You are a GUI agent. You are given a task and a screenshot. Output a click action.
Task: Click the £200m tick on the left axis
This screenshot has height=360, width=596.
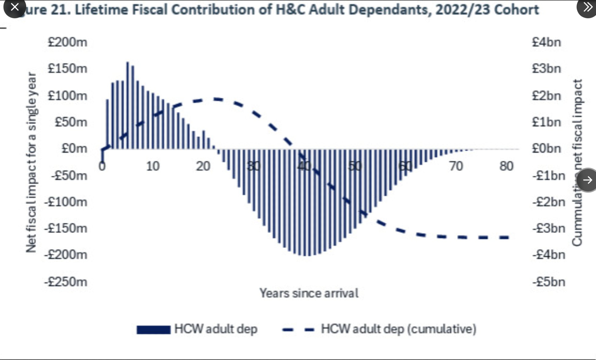point(67,42)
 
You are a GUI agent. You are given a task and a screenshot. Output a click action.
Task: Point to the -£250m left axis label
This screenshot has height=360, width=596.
point(66,282)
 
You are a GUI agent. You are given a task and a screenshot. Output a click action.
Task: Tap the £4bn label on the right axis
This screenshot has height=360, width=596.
point(546,42)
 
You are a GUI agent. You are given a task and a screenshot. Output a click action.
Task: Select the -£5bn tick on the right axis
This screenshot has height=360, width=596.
point(549,282)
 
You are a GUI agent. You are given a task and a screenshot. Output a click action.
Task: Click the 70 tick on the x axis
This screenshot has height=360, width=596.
point(456,166)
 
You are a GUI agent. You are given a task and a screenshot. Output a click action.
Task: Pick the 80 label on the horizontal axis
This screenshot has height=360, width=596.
point(506,166)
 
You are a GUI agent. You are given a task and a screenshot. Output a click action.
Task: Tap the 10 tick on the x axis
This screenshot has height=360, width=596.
point(153,166)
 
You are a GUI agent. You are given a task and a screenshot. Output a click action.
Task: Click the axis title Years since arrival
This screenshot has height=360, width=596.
point(309,293)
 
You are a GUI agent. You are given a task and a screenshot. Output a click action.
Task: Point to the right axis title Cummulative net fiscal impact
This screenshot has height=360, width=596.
point(577,162)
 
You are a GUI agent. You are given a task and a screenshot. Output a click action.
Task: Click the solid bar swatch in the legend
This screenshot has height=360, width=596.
point(153,330)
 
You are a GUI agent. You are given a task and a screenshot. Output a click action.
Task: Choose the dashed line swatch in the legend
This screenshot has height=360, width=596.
point(299,330)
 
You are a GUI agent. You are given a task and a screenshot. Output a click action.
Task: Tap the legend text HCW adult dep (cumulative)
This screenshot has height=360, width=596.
point(398,329)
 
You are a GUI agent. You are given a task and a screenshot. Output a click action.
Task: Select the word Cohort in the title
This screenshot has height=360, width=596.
point(516,10)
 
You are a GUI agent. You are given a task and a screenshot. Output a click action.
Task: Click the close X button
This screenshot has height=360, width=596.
point(14,7)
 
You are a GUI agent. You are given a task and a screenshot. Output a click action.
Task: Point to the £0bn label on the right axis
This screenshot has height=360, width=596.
point(546,148)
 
